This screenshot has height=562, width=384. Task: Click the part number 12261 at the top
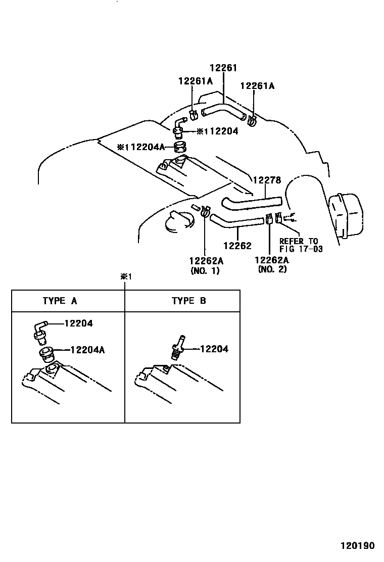pyautogui.click(x=223, y=68)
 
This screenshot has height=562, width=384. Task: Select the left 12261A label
pyautogui.click(x=196, y=81)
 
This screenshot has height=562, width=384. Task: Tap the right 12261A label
pyautogui.click(x=257, y=86)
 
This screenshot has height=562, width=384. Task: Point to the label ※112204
pyautogui.click(x=217, y=131)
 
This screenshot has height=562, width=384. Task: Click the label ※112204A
pyautogui.click(x=141, y=148)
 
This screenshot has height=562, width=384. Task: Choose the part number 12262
pyautogui.click(x=237, y=246)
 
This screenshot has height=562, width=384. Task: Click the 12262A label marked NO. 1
pyautogui.click(x=206, y=260)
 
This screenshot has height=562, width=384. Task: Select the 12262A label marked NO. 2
pyautogui.click(x=272, y=260)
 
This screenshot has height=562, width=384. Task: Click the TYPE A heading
pyautogui.click(x=60, y=301)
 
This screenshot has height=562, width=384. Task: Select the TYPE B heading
pyautogui.click(x=188, y=301)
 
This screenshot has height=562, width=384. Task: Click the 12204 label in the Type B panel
pyautogui.click(x=214, y=349)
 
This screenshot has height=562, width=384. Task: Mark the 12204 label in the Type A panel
pyautogui.click(x=78, y=323)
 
